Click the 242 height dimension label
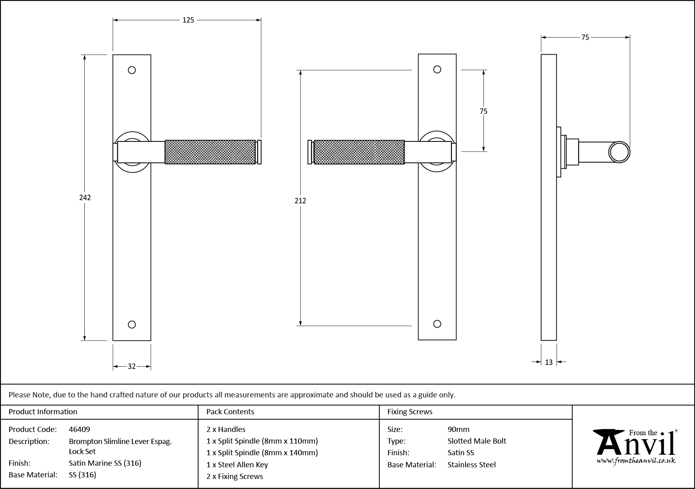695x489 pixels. click(85, 197)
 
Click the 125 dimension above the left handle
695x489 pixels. click(188, 20)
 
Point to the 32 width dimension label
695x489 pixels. click(132, 366)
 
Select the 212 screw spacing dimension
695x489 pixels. click(300, 201)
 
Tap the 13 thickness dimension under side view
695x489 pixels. click(549, 362)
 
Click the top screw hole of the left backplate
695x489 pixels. click(132, 70)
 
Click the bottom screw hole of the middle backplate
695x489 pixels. click(437, 324)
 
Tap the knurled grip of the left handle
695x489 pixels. click(210, 152)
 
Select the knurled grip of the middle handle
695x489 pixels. click(359, 152)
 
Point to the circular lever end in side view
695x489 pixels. click(619, 152)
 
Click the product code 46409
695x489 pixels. click(80, 429)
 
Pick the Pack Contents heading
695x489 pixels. click(230, 411)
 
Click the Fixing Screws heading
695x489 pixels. click(410, 411)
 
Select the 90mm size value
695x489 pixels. click(458, 429)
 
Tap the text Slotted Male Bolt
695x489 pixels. click(476, 441)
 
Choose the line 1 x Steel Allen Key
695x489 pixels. click(237, 464)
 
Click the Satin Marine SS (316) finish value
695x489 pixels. click(105, 463)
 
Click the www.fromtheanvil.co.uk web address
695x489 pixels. click(636, 461)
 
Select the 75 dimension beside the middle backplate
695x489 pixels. click(483, 111)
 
